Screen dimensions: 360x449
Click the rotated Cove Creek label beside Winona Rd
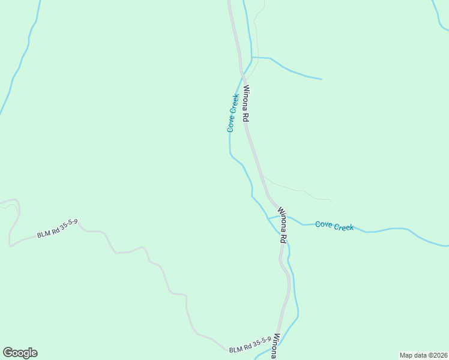point(233,112)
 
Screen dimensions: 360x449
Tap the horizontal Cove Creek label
point(334,226)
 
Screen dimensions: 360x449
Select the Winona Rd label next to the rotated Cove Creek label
point(246,104)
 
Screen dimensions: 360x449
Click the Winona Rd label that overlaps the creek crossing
point(283,226)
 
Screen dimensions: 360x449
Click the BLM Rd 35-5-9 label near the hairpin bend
point(57,230)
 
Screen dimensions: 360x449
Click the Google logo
point(20,353)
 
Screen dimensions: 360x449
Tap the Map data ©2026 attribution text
point(424,355)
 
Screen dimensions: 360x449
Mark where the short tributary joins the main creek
point(252,58)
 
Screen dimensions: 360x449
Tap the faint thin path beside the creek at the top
point(256,36)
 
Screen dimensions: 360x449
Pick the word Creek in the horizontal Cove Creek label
point(343,227)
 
